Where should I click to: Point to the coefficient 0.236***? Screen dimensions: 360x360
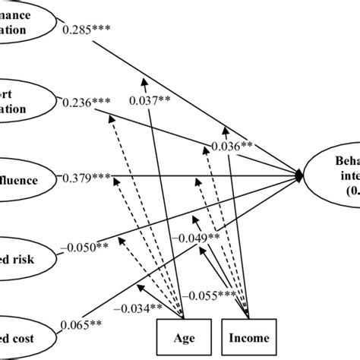90,102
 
